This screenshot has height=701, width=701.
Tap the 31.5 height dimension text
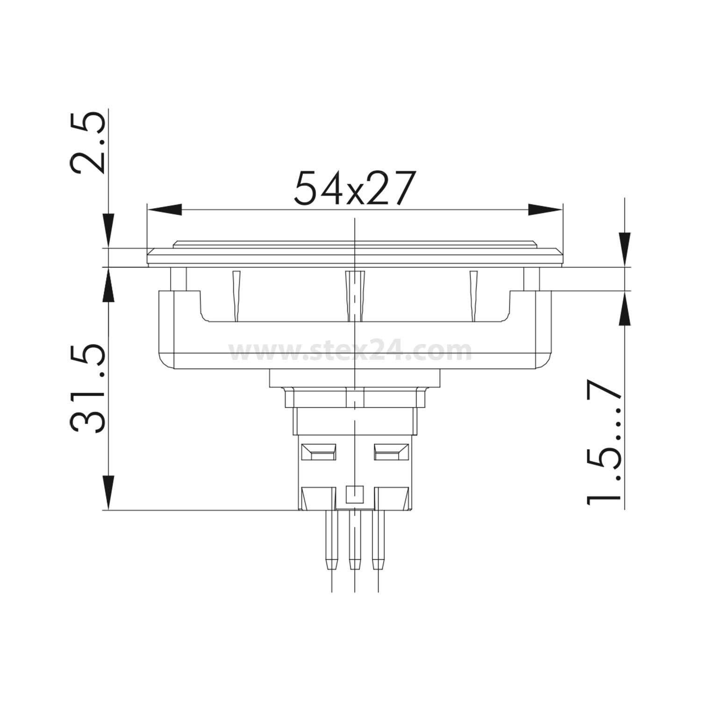(x=87, y=389)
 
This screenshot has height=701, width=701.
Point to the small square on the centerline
(x=355, y=494)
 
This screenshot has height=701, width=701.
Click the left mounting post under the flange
(x=179, y=279)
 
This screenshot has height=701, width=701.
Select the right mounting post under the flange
(x=531, y=279)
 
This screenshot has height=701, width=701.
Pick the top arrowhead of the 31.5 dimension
(x=108, y=285)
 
